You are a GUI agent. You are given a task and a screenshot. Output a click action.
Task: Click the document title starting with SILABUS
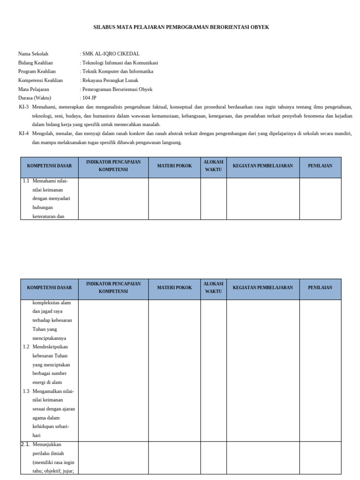click(x=181, y=27)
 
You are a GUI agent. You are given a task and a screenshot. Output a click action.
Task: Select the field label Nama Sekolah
click(x=33, y=54)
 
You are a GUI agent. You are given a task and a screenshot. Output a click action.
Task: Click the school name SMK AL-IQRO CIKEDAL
click(x=111, y=54)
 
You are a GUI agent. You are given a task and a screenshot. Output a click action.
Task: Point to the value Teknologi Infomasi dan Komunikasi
click(x=120, y=63)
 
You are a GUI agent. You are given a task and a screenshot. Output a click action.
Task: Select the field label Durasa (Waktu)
click(x=36, y=98)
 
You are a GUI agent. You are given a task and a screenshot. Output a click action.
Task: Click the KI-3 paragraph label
click(x=24, y=107)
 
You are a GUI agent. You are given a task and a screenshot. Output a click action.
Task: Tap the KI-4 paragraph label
click(x=24, y=134)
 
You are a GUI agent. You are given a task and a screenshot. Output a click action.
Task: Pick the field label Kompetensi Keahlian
click(x=40, y=81)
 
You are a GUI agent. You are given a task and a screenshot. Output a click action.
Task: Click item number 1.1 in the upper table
click(x=26, y=180)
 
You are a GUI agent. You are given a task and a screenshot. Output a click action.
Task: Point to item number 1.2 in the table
click(x=26, y=347)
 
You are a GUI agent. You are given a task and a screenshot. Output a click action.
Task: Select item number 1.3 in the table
click(x=26, y=391)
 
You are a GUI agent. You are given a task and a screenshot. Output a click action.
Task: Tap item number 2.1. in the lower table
click(x=26, y=444)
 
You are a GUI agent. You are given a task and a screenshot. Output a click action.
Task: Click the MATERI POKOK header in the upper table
click(x=174, y=166)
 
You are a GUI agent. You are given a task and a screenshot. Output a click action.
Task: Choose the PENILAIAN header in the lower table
click(x=320, y=288)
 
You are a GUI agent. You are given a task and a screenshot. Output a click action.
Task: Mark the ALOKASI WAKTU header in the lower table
click(x=213, y=288)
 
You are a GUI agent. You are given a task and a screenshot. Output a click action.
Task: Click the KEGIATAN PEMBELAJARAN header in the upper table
click(x=263, y=166)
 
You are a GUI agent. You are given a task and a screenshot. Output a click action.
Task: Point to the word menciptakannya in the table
click(x=49, y=338)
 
